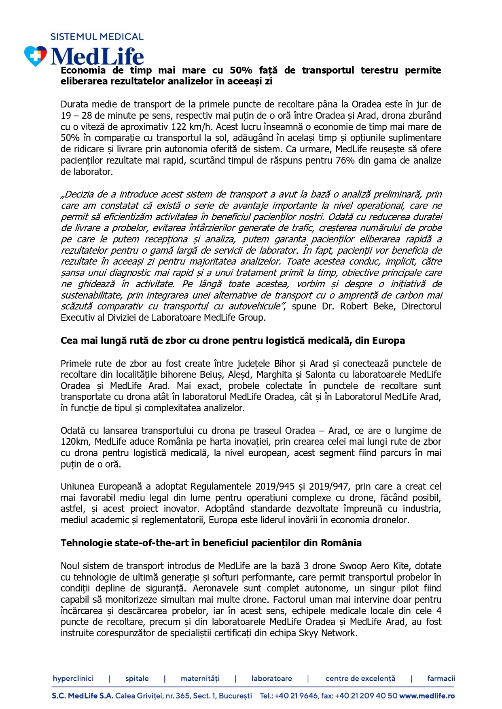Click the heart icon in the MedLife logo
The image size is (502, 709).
36,56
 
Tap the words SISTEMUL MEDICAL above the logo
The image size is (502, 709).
97,37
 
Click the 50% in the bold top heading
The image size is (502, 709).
241,70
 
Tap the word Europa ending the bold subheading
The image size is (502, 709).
389,341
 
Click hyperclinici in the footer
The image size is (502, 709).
73,678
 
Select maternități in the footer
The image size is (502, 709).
200,678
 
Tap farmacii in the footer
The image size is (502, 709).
441,678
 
